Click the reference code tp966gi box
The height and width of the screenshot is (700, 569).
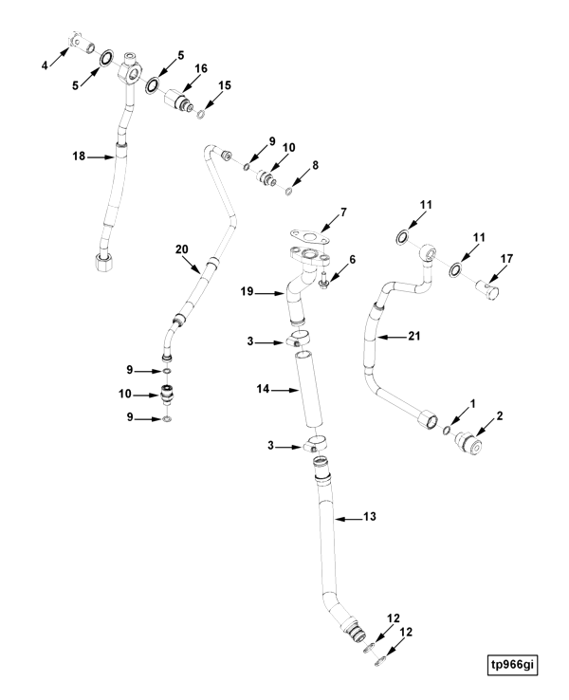click(512, 665)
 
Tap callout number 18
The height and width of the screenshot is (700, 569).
click(79, 157)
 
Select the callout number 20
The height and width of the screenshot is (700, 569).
click(182, 249)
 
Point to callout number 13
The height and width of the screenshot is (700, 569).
click(370, 517)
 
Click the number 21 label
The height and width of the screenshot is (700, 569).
click(414, 335)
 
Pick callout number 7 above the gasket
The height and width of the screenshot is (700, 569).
click(343, 212)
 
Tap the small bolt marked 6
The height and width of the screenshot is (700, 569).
click(324, 282)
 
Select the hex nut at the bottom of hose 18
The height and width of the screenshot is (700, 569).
click(104, 260)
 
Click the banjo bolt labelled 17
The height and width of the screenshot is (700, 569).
click(487, 289)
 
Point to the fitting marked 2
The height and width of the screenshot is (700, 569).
click(468, 444)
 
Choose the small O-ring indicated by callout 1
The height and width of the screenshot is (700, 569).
click(447, 430)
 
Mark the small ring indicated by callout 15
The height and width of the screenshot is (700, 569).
click(201, 114)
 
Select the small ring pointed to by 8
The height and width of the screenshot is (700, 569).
click(288, 191)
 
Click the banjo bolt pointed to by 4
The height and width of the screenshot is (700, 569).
click(82, 44)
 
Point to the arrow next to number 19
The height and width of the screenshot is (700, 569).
click(270, 293)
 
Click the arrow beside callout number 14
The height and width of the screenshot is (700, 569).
click(284, 390)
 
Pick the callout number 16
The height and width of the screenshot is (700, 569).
click(201, 68)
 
